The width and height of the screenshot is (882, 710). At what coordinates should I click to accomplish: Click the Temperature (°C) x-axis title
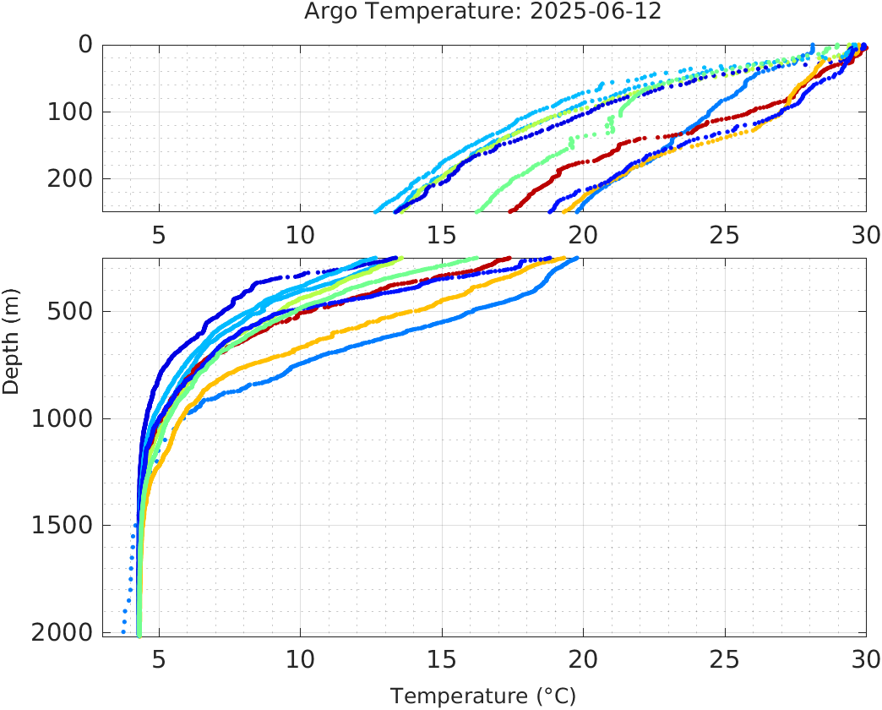click(483, 696)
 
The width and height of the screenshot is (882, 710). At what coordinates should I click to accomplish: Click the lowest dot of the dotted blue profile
click(123, 631)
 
